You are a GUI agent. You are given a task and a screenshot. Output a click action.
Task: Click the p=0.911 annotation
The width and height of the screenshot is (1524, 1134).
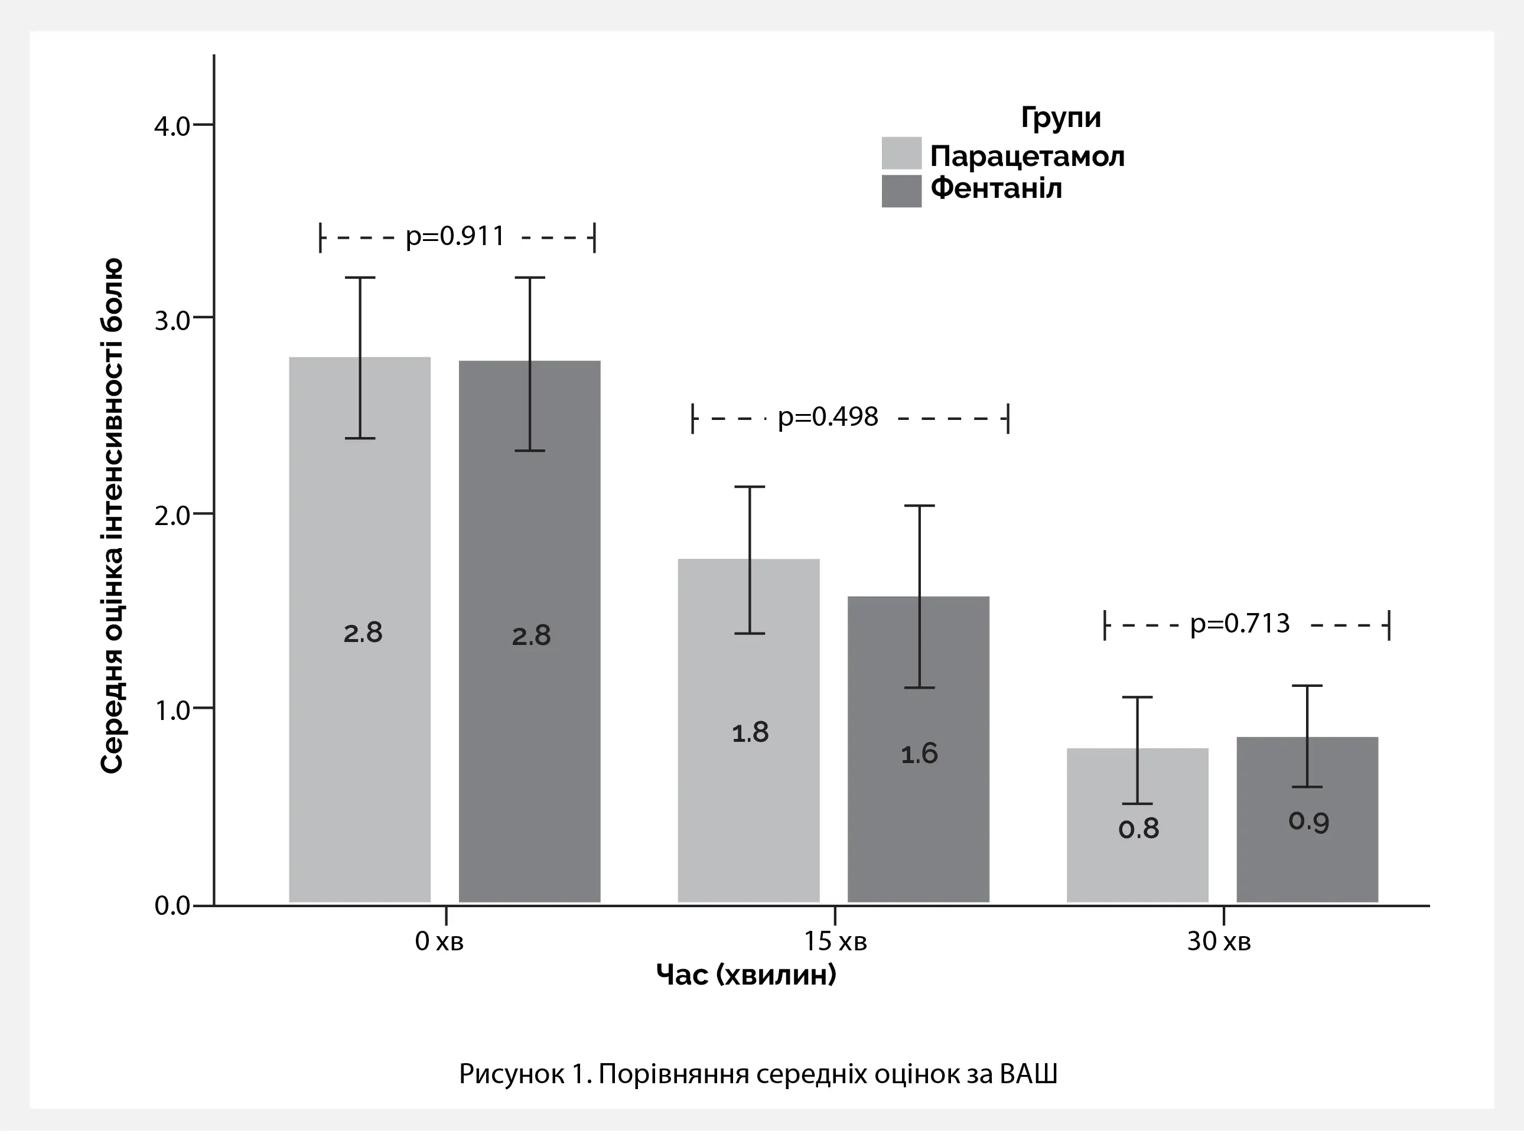point(455,237)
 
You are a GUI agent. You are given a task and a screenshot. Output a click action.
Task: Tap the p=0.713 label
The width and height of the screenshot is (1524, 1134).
point(1240,624)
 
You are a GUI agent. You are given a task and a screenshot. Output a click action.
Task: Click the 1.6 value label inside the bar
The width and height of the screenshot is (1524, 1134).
point(919,754)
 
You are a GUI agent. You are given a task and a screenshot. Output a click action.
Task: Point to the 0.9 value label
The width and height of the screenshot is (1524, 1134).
point(1308,821)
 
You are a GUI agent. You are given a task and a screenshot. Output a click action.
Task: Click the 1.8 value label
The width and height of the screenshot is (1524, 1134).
point(750,733)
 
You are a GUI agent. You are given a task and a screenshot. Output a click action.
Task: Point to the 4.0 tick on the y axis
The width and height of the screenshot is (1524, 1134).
point(172,126)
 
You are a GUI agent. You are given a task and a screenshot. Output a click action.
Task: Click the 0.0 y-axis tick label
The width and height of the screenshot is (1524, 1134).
point(172,906)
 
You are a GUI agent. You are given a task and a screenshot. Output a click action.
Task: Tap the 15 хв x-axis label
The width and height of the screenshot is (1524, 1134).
point(835,941)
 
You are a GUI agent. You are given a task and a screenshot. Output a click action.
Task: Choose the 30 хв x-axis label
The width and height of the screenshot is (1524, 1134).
point(1219,941)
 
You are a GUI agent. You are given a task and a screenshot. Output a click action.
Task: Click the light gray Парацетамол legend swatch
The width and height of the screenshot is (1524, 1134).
point(901,153)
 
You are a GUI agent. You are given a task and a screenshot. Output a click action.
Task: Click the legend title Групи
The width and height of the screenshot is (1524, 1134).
point(1061,118)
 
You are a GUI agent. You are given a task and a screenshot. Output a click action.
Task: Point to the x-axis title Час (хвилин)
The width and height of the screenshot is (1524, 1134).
point(746,974)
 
